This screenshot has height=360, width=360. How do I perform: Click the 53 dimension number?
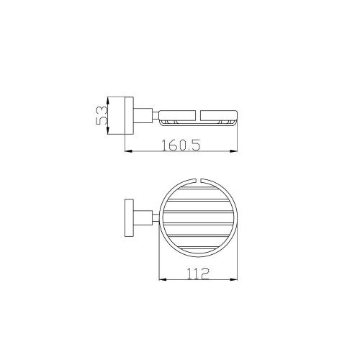click(101, 115)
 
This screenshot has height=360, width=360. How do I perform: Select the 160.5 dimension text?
click(181, 145)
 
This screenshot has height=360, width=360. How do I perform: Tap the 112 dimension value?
click(198, 274)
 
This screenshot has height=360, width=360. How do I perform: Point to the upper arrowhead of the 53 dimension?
click(108, 100)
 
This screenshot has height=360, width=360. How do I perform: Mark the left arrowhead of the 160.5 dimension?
click(129, 151)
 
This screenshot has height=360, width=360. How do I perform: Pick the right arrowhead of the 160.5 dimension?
click(233, 151)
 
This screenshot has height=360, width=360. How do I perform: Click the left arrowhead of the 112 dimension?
click(163, 279)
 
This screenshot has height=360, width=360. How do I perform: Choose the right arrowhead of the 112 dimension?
click(233, 279)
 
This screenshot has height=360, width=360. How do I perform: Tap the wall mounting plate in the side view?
click(130, 116)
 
